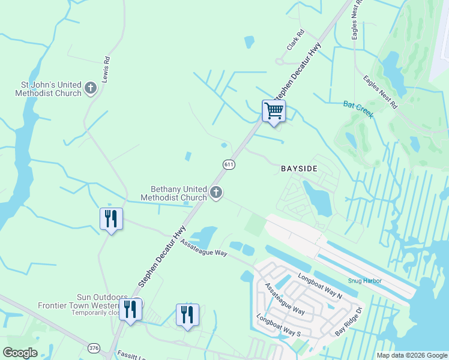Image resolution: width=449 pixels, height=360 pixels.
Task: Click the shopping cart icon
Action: click(x=274, y=111)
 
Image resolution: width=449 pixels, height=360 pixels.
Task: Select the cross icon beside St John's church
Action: click(x=91, y=89)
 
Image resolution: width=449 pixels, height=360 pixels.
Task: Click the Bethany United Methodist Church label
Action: click(x=173, y=193)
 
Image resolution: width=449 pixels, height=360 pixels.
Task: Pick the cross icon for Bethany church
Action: click(x=216, y=193)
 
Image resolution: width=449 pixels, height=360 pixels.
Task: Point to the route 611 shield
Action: click(x=229, y=164)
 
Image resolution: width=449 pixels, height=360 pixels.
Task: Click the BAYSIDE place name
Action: click(x=299, y=169)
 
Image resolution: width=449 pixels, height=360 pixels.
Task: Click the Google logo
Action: click(x=20, y=353)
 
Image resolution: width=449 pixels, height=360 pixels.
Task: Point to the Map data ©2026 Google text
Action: click(x=411, y=355)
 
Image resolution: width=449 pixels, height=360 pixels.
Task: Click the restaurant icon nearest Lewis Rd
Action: click(x=111, y=218)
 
